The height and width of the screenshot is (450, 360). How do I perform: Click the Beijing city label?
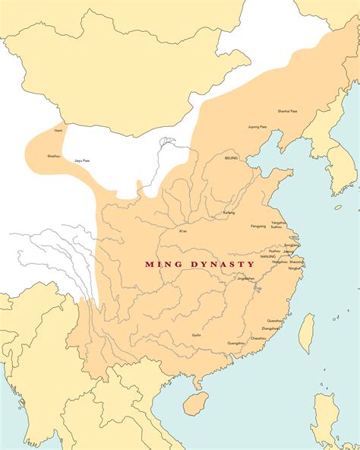pos(232,158)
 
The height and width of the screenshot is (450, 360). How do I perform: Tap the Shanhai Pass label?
pos(288,111)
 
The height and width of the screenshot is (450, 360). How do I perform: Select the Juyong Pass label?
pos(257,127)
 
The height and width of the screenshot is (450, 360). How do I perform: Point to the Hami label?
pos(58,131)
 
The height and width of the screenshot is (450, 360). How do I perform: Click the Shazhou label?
pos(54,156)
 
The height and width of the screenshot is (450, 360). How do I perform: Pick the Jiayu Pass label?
pos(81,160)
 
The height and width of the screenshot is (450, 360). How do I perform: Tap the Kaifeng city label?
pos(229,213)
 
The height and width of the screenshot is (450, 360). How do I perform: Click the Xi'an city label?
pos(183,230)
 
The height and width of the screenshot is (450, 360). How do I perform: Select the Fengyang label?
pos(259,226)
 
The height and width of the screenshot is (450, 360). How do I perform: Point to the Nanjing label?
pos(267,256)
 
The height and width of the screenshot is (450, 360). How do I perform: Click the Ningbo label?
pos(295,268)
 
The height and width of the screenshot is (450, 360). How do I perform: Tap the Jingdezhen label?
pos(246,278)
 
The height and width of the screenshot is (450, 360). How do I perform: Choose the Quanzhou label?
pos(274,320)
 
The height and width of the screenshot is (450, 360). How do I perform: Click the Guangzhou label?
pos(236,343)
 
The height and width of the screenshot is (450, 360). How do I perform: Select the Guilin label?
pos(196,334)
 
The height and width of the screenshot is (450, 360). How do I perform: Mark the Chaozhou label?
pos(258,338)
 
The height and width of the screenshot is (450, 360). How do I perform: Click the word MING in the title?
pos(161,265)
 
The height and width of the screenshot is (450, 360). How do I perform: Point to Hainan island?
pos(196,402)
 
